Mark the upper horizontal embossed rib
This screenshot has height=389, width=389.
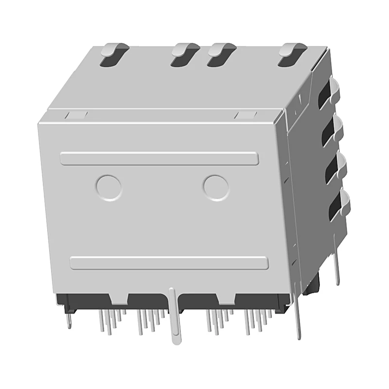click(x=159, y=159)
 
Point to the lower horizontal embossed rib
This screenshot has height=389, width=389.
click(x=169, y=263)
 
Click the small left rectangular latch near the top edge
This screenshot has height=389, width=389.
click(x=76, y=115)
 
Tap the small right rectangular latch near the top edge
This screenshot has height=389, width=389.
click(x=245, y=115)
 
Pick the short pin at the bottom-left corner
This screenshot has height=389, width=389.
click(x=69, y=319)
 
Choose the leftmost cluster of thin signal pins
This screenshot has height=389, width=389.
click(x=109, y=320)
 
